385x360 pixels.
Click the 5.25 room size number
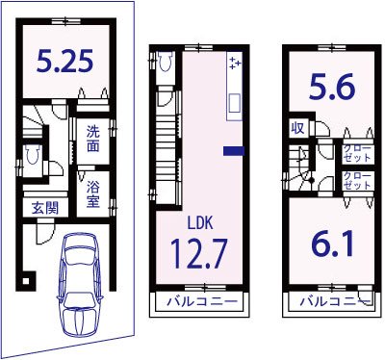click(64, 61)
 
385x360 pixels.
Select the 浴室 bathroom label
click(92, 194)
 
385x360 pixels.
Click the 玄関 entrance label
click(45, 209)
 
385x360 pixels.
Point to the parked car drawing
click(80, 285)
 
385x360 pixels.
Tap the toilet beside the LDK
click(166, 61)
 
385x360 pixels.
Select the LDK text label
click(200, 222)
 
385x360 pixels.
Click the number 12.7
click(199, 253)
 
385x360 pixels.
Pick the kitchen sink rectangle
click(235, 103)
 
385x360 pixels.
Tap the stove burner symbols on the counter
click(235, 63)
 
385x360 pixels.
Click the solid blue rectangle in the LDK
click(234, 151)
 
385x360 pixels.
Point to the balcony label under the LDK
click(203, 301)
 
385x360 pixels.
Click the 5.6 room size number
click(332, 87)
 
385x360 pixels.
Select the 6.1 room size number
click(332, 244)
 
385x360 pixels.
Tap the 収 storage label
click(297, 128)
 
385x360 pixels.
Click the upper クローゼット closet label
click(357, 153)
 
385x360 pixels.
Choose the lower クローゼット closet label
click(357, 181)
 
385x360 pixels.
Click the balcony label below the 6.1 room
click(336, 301)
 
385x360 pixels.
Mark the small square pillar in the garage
click(26, 280)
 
